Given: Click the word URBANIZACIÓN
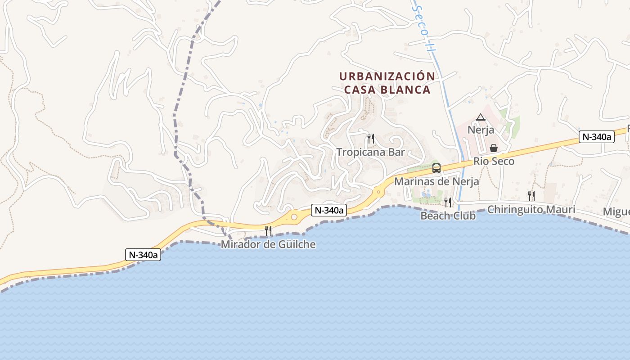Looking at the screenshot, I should click(387, 76).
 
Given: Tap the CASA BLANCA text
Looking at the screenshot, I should click(387, 90).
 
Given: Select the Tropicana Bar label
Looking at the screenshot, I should click(371, 152).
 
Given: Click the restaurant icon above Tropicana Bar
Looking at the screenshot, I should click(371, 139).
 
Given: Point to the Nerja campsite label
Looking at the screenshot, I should click(481, 130).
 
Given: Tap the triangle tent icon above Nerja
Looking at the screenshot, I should click(481, 118).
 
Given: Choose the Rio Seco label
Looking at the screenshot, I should click(494, 161).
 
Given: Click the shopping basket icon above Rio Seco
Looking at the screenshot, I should click(494, 148).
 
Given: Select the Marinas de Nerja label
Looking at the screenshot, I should click(436, 182).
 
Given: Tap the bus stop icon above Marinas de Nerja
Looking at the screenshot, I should click(436, 168).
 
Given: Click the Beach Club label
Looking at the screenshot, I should click(448, 216).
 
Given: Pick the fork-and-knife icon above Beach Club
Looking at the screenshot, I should click(448, 202).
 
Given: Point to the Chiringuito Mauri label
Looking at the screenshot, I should click(531, 209).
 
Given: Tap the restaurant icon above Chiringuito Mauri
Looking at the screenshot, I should click(531, 196).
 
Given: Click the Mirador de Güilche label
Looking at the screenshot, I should click(268, 244).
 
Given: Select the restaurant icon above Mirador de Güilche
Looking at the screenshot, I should click(268, 231).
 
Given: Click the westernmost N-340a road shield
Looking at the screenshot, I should click(143, 255).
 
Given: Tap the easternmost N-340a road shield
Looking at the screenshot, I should click(597, 137).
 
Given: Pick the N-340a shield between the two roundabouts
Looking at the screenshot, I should click(328, 210).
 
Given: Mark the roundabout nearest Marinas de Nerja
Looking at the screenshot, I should click(379, 192).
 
